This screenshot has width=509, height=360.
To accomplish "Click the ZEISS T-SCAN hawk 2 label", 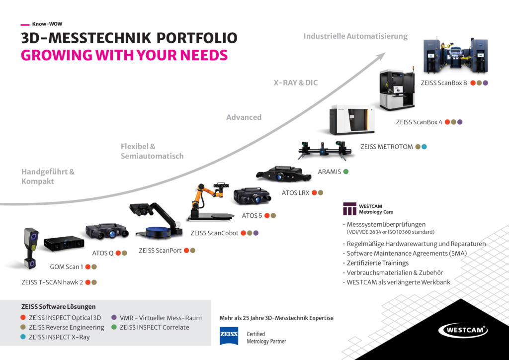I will tap(52, 282).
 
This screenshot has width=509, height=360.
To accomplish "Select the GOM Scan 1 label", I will tap(67, 267).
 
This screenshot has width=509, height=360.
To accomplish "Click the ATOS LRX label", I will tap(295, 193).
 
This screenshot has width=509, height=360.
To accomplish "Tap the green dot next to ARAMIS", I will tap(346, 172).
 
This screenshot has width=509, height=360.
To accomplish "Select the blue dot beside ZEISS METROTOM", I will tap(424, 147).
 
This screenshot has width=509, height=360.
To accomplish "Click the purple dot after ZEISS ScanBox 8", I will tap(486, 83).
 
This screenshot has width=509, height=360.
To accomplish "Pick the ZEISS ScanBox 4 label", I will tap(419, 122).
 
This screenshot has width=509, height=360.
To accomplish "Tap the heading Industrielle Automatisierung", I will tap(355, 36).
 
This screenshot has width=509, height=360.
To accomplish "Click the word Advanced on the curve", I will tap(244, 117).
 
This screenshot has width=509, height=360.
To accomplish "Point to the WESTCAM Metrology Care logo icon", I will tap(350, 208).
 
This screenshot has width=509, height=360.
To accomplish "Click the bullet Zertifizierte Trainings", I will tap(378, 263).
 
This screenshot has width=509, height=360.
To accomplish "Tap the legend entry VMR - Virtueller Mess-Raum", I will tap(161, 318).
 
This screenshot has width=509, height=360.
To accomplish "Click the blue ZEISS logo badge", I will tap(229, 336).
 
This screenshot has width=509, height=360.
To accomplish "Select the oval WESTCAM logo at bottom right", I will tap(463, 330).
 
